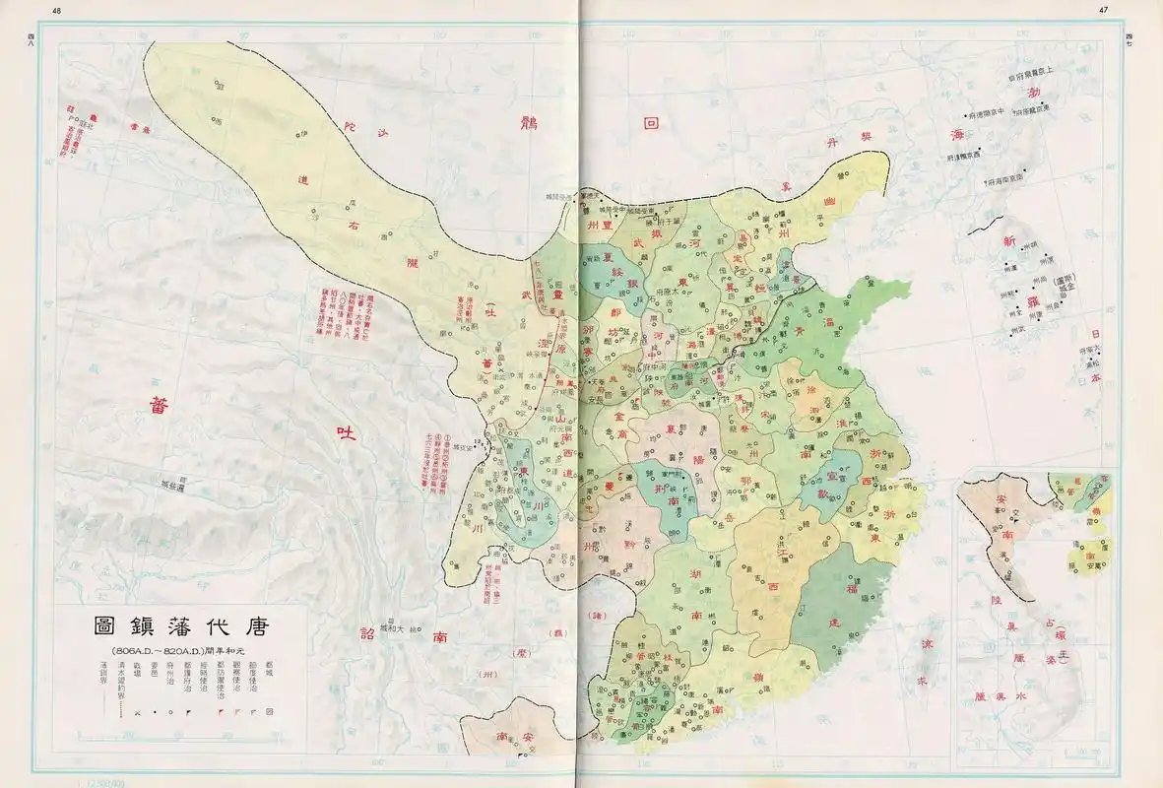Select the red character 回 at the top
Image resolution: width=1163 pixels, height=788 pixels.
650,124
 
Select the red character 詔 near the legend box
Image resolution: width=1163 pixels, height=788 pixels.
368,631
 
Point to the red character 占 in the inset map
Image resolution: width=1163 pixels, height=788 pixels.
1050,623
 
